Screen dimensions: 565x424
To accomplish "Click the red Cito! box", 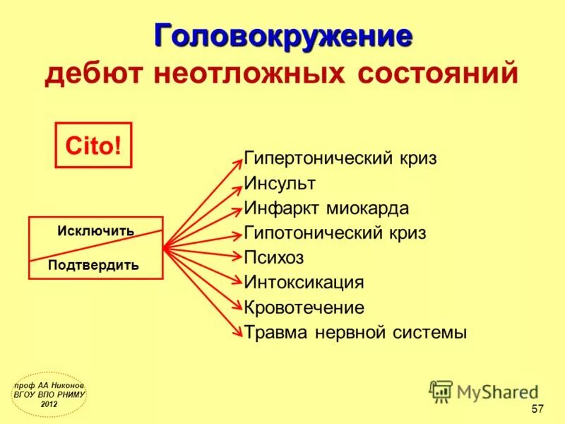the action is pos(93,145).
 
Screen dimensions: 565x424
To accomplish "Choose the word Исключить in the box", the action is pos(96,231).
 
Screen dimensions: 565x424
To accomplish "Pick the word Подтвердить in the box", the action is pos(93,265).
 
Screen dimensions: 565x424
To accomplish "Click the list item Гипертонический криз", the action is pos(340,158).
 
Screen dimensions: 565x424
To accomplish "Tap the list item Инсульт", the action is pos(280,183).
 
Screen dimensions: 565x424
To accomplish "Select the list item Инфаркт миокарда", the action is pos(326,208).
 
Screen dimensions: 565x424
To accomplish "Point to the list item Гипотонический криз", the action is pos(335,232).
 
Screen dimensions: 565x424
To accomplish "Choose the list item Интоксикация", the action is pos(304,283).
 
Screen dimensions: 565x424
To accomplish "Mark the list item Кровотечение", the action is pos(304,307).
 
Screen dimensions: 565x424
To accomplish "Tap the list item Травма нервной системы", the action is pos(355,332).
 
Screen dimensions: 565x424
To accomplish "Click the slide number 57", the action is pos(537,409).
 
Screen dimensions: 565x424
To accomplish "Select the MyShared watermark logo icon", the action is pos(441,391).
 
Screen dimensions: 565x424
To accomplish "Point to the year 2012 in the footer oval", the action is pos(49,404).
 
